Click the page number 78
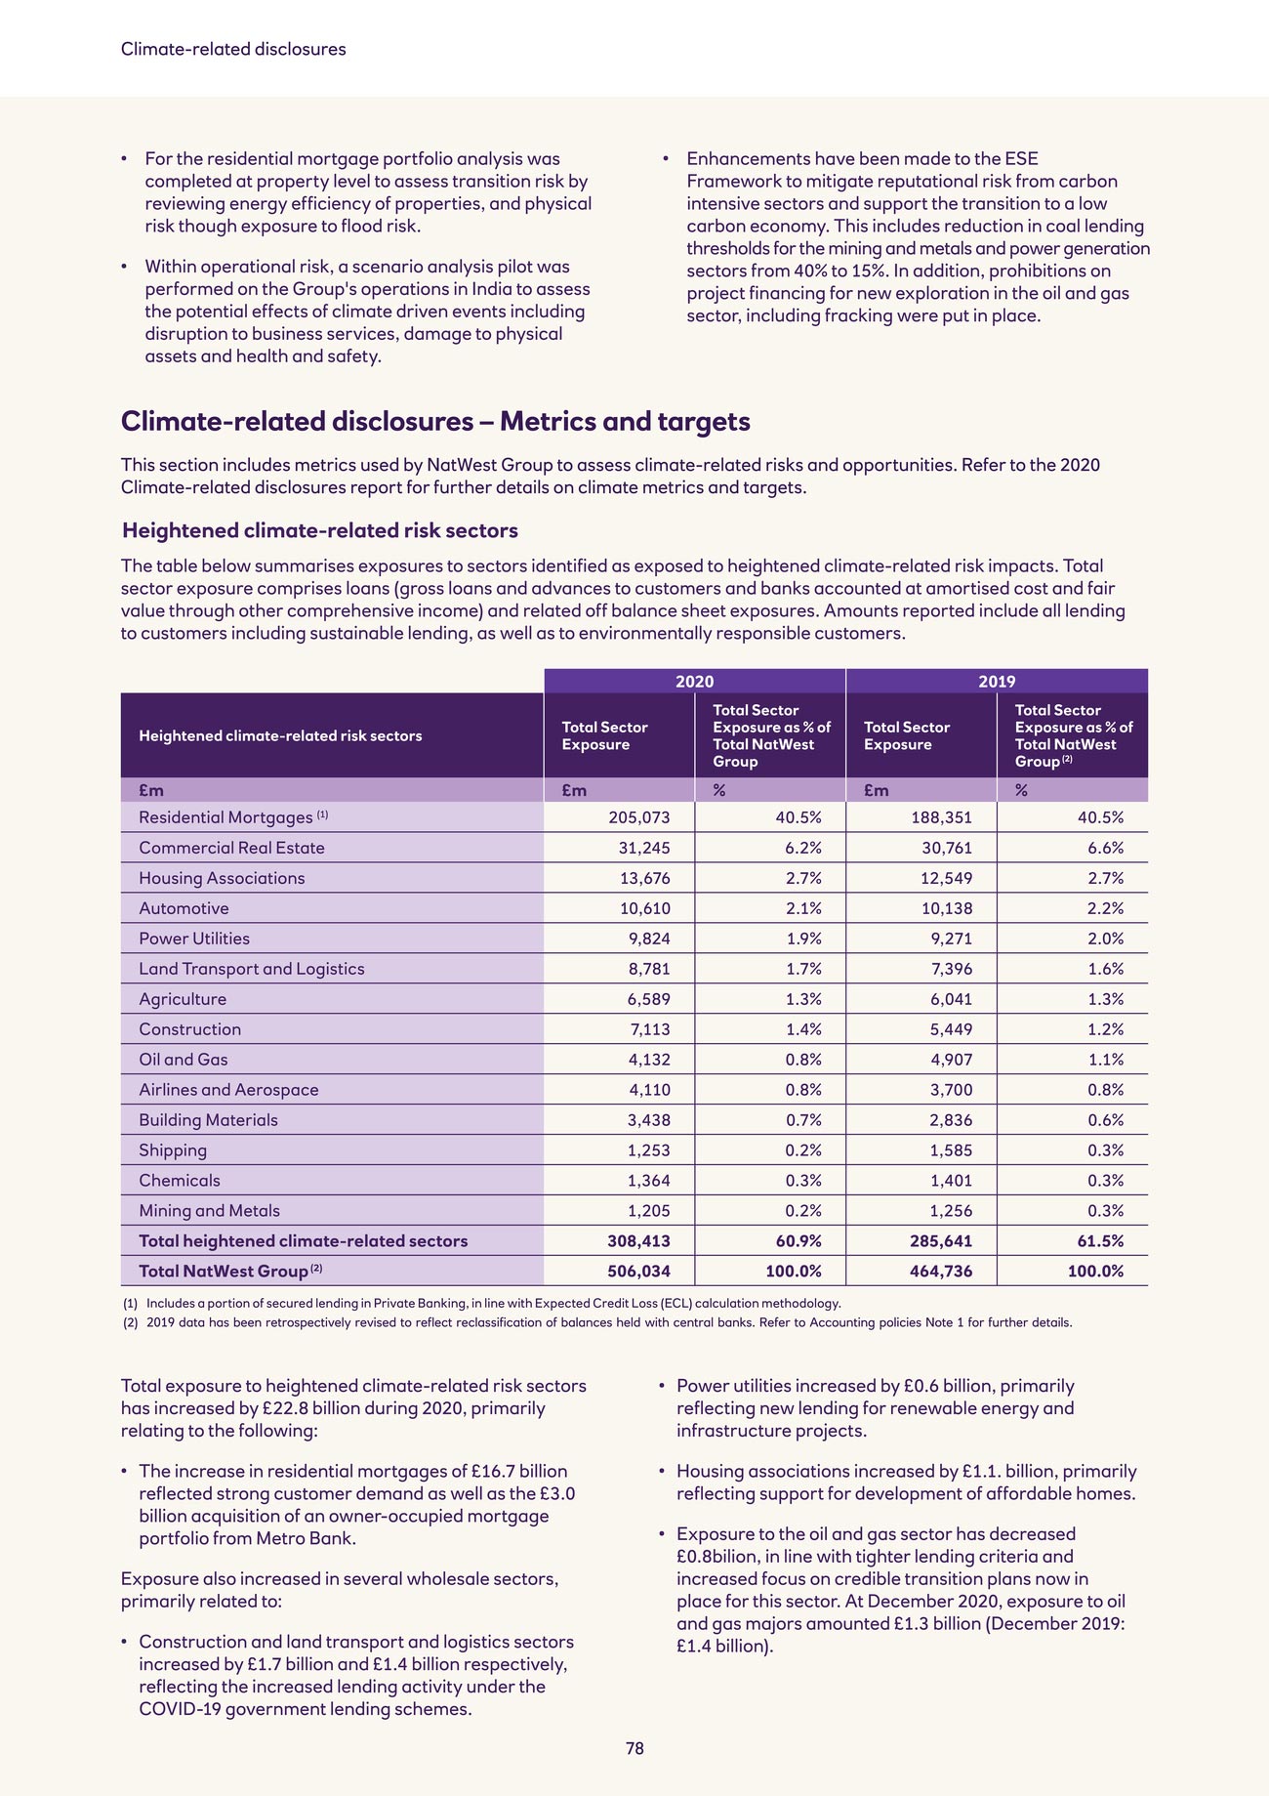click(634, 1748)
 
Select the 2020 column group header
click(694, 682)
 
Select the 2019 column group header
click(997, 682)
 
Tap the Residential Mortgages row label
click(225, 817)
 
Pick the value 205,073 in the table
click(638, 817)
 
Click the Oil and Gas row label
click(184, 1060)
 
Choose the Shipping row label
click(173, 1150)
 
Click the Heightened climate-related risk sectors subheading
click(319, 530)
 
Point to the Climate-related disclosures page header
click(233, 49)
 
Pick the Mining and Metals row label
click(209, 1211)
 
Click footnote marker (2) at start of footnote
click(131, 1323)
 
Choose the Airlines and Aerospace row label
click(228, 1090)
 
